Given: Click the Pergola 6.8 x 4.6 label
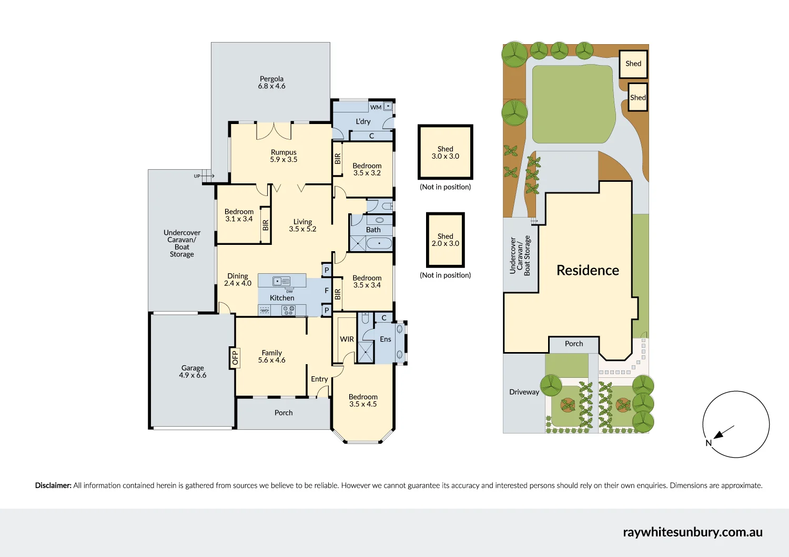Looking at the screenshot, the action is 271,82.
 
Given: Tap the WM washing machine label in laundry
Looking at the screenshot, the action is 376,107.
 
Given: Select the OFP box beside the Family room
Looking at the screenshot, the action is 235,358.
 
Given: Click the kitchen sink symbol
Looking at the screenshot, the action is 281,281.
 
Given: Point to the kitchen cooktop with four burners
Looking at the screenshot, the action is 288,311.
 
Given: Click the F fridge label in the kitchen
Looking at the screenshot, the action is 327,291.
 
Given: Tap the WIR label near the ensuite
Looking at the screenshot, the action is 347,339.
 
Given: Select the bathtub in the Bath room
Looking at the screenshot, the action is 379,243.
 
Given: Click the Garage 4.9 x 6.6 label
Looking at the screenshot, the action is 193,372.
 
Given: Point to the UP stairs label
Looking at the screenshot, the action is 197,176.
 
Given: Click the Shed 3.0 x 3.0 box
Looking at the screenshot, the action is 445,152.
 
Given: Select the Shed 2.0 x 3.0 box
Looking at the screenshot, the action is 445,240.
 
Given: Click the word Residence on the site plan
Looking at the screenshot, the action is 588,270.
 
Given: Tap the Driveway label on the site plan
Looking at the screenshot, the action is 524,392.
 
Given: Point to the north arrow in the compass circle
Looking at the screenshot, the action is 723,432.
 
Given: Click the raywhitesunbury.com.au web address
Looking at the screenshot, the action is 693,532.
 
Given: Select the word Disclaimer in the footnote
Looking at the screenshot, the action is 53,485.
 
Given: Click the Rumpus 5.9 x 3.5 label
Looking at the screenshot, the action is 284,156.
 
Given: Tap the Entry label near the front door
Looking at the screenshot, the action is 319,379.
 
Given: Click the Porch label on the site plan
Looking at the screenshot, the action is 574,344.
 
